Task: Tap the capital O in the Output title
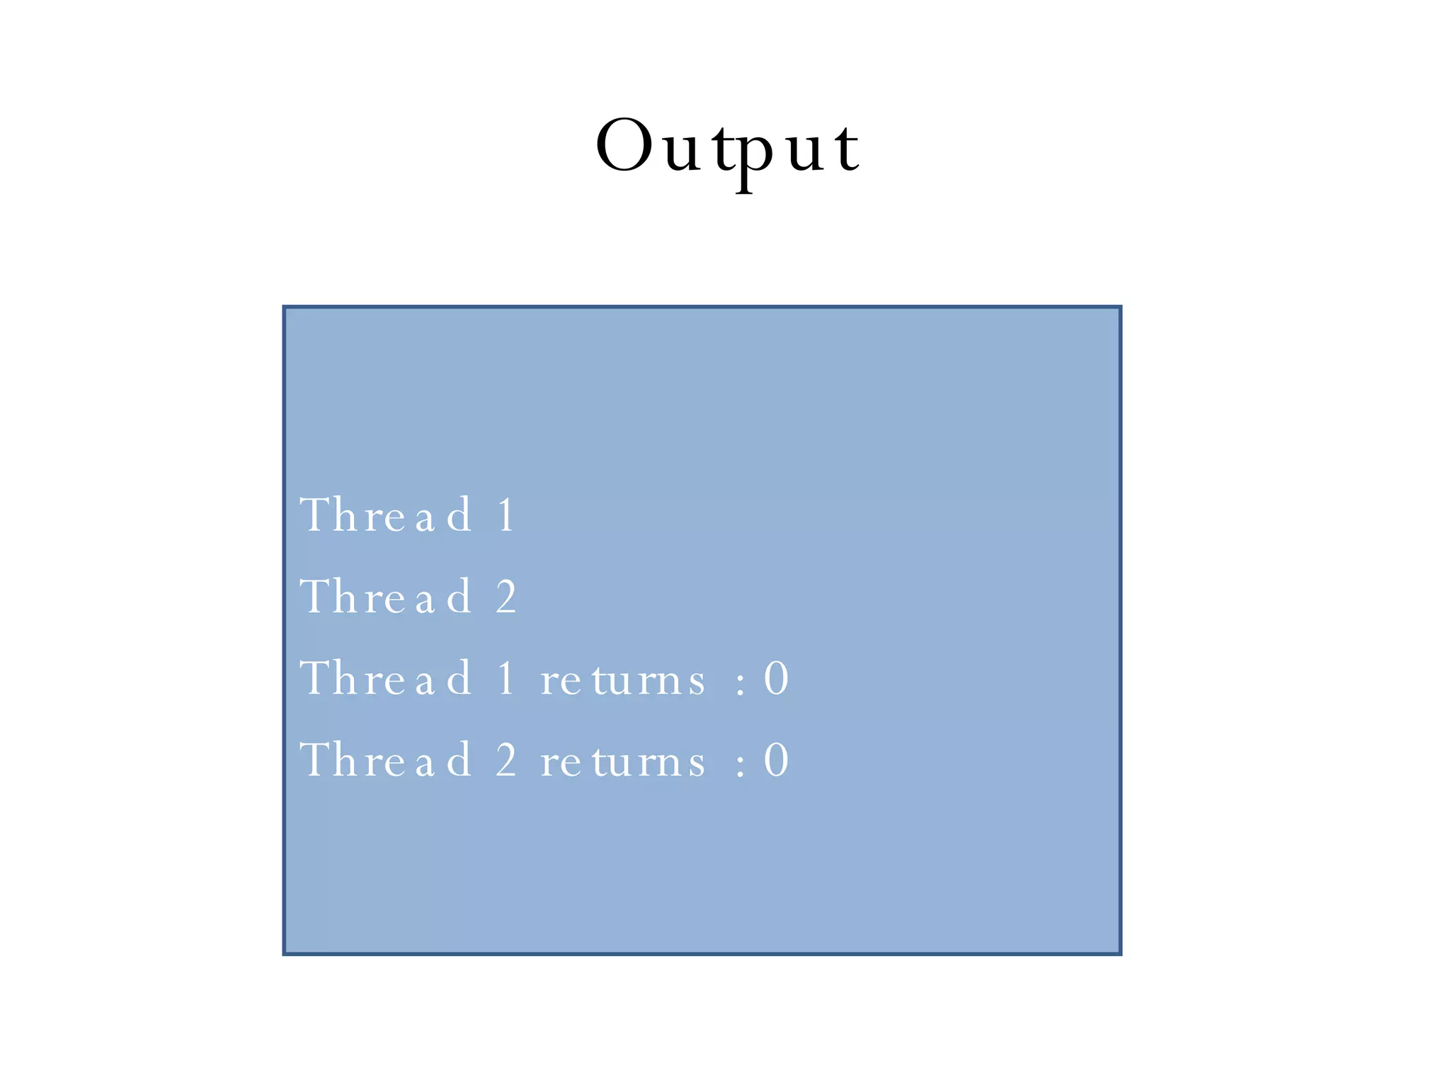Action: click(624, 146)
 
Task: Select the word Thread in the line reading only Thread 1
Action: click(386, 515)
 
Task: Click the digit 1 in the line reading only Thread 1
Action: click(506, 515)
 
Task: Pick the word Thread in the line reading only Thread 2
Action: click(386, 597)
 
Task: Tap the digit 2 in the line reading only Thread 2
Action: click(506, 597)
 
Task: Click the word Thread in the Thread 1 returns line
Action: click(386, 678)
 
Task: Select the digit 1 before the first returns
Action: click(506, 678)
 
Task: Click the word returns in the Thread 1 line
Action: click(623, 681)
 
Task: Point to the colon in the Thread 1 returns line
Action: click(741, 684)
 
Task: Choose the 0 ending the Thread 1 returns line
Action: click(776, 678)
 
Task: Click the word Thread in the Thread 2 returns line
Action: click(386, 760)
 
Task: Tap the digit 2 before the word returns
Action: click(506, 760)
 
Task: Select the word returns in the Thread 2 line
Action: click(623, 763)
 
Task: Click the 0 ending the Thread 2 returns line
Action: click(776, 760)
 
